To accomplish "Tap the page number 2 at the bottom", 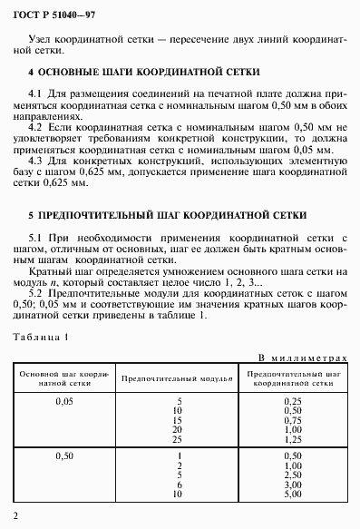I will click(x=16, y=517).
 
